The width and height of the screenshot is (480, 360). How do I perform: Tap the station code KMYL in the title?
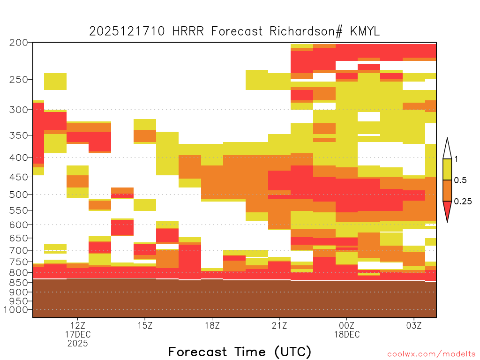(x=365, y=31)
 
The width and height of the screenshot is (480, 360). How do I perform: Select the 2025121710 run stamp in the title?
(x=127, y=31)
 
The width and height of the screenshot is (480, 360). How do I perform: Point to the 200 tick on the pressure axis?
(x=19, y=43)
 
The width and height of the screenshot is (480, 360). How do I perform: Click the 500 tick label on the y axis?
(x=19, y=195)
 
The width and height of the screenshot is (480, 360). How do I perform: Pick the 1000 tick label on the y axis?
(x=16, y=310)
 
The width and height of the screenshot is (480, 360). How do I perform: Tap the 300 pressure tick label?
(x=19, y=110)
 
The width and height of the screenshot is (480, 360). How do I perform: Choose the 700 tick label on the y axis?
(x=19, y=250)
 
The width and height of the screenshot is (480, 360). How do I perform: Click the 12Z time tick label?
(x=78, y=325)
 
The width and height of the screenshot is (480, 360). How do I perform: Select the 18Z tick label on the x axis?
(x=212, y=325)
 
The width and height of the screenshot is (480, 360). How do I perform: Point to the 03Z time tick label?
(x=414, y=325)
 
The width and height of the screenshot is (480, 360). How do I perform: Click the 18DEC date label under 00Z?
(x=347, y=334)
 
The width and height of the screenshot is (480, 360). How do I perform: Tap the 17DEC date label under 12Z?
(x=78, y=334)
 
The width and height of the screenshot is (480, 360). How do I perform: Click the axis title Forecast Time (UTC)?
(x=240, y=352)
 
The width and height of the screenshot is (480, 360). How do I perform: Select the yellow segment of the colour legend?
(x=447, y=169)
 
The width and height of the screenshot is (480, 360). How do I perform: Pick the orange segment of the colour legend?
(x=447, y=190)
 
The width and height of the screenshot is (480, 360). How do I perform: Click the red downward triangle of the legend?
(x=447, y=210)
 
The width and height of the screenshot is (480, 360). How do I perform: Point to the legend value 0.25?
(x=463, y=201)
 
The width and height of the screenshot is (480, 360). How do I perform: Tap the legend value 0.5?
(x=460, y=180)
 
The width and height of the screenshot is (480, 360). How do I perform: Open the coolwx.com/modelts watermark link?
(x=431, y=354)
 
